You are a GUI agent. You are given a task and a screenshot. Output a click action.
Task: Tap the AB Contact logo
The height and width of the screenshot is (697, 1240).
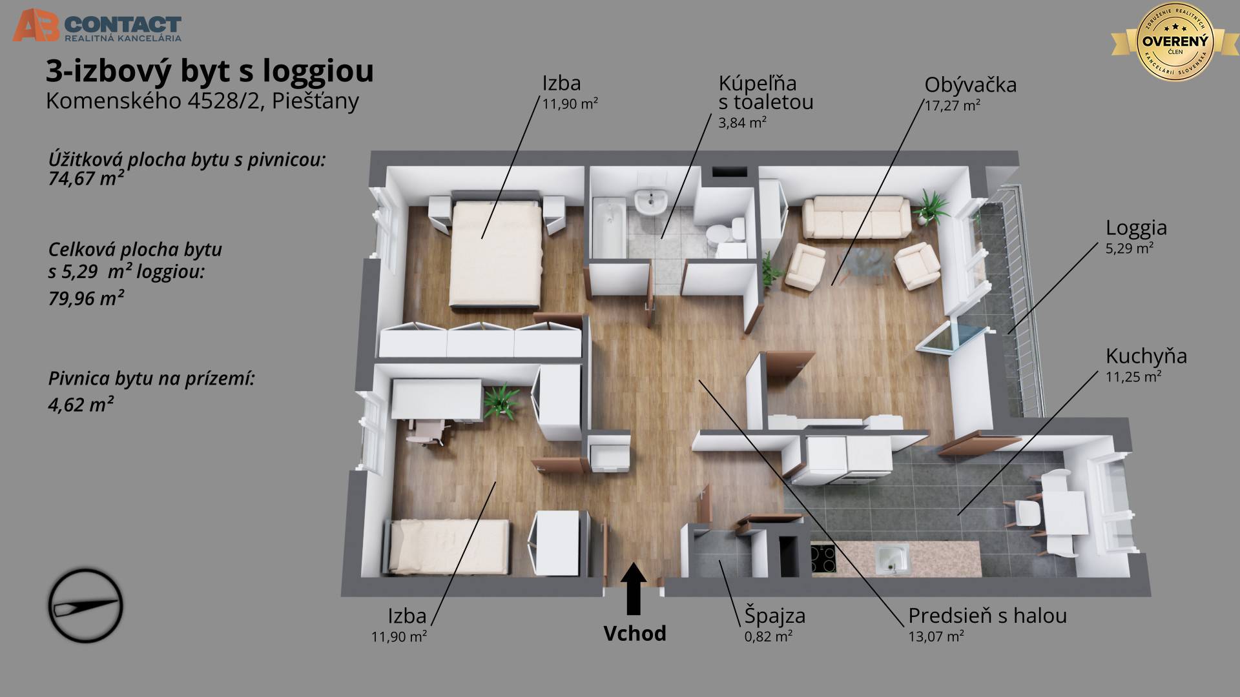point(97,26)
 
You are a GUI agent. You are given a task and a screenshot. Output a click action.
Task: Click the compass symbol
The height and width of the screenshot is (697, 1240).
point(85,605)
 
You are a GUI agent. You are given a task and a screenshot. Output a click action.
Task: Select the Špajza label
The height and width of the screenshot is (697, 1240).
point(774,615)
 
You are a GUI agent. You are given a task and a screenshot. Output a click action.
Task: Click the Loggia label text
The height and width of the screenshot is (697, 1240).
point(1136,228)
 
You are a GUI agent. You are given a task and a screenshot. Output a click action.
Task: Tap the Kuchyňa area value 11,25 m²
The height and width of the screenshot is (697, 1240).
point(1133,377)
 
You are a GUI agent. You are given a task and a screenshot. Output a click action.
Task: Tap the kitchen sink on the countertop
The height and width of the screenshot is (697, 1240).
point(892,559)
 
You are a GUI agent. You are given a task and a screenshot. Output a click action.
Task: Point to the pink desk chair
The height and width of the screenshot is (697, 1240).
point(426,430)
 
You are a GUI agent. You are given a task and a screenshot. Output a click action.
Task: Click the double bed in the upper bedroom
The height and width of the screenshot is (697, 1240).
point(495,253)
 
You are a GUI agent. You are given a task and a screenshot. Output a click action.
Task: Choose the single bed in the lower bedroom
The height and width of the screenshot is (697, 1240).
point(449,547)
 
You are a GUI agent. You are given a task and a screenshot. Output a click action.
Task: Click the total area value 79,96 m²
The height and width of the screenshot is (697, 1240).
point(86,298)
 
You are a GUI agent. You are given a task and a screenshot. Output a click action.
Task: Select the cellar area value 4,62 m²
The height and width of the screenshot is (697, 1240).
point(81,405)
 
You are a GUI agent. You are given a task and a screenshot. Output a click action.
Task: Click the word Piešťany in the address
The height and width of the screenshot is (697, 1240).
point(315,102)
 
